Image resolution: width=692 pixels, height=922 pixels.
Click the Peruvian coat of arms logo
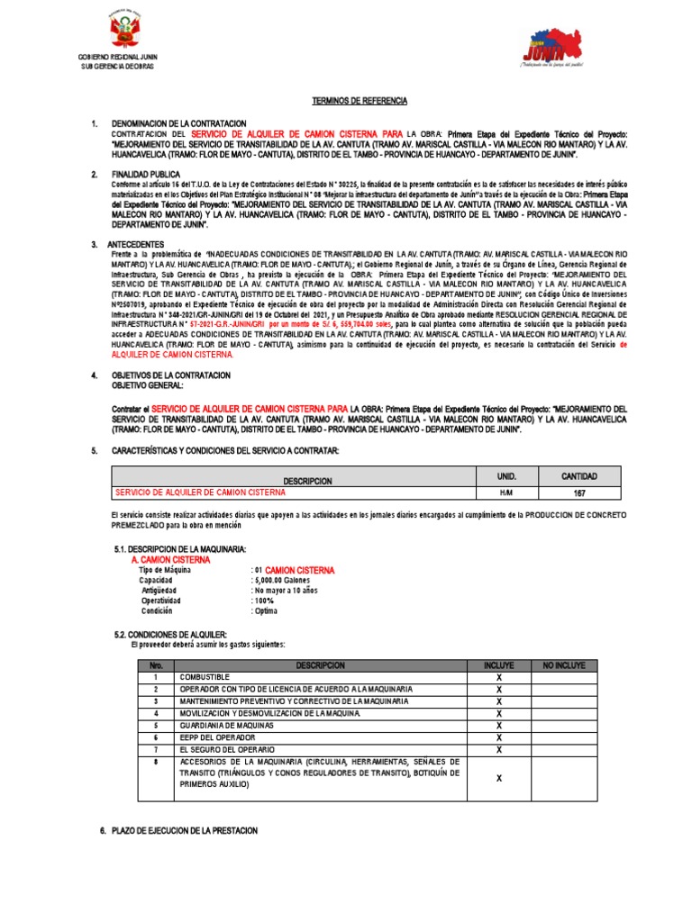point(124,32)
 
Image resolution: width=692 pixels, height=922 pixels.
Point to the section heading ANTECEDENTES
point(136,244)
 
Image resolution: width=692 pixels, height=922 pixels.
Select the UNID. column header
point(505,475)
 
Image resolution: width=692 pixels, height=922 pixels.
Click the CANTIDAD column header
point(579,475)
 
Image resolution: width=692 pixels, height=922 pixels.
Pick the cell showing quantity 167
point(579,493)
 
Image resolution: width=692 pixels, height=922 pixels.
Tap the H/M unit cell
point(505,493)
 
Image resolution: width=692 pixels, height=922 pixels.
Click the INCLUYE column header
point(498,664)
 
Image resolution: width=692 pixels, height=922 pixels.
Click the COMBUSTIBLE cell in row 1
point(205,676)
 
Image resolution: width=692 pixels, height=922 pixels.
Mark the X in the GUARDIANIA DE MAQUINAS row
point(498,724)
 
